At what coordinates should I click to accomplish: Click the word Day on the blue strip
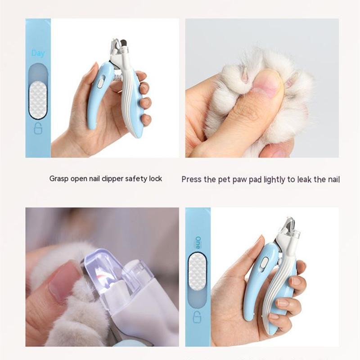tap(38, 53)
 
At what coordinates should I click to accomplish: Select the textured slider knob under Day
tap(38, 100)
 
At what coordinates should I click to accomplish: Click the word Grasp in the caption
tap(58, 179)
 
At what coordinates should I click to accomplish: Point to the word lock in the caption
tap(155, 179)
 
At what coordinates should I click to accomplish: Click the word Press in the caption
tap(192, 180)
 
